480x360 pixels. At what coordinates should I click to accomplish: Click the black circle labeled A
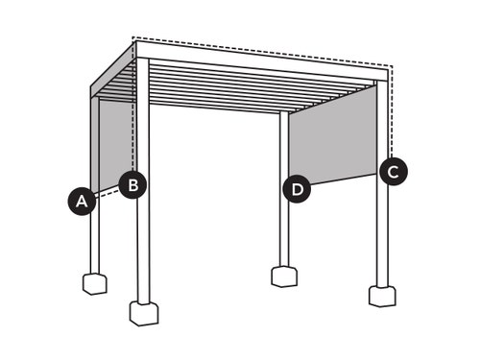pyautogui.click(x=82, y=202)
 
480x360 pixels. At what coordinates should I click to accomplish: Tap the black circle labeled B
pyautogui.click(x=132, y=184)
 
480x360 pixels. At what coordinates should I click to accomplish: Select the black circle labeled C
pyautogui.click(x=394, y=171)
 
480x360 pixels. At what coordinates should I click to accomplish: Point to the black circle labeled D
pyautogui.click(x=297, y=189)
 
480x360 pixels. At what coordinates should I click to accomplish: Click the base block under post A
pyautogui.click(x=95, y=284)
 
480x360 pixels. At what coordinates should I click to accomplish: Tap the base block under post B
pyautogui.click(x=144, y=313)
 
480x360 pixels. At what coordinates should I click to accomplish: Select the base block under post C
pyautogui.click(x=382, y=297)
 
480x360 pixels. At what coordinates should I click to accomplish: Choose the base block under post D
pyautogui.click(x=284, y=276)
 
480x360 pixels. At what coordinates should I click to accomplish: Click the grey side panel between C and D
pyautogui.click(x=332, y=135)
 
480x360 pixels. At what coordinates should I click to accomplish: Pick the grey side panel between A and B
pyautogui.click(x=117, y=144)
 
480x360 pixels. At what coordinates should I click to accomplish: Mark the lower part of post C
pyautogui.click(x=382, y=236)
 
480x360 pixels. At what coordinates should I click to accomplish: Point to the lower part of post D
pyautogui.click(x=283, y=234)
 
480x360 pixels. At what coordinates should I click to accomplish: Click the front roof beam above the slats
pyautogui.click(x=262, y=60)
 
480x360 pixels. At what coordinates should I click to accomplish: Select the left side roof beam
pyautogui.click(x=113, y=70)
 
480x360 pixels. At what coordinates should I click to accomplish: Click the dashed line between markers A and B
pyautogui.click(x=108, y=194)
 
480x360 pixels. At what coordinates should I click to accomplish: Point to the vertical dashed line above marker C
pyautogui.click(x=393, y=112)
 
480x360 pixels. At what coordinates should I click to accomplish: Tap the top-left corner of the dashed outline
pyautogui.click(x=133, y=37)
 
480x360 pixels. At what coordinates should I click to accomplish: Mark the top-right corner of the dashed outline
pyautogui.click(x=393, y=66)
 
